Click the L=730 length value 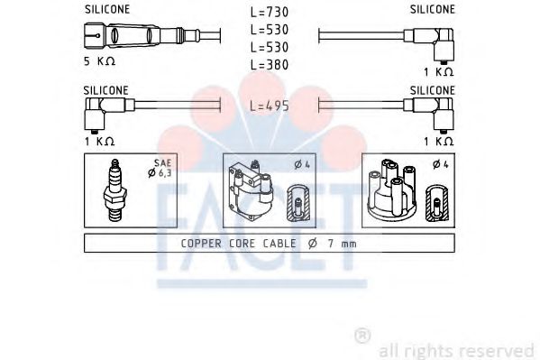[x=269, y=13]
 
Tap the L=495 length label [x=269, y=106]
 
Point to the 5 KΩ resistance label [x=99, y=61]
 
